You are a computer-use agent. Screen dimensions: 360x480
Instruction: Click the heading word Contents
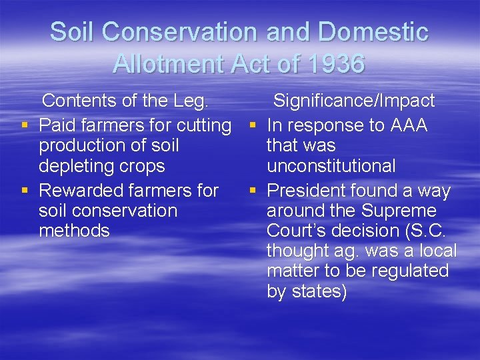tap(76, 101)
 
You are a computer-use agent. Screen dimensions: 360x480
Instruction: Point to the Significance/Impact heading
tap(354, 101)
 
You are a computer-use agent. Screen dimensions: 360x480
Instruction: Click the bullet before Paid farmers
tap(25, 126)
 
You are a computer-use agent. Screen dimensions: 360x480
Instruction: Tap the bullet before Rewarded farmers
tap(25, 191)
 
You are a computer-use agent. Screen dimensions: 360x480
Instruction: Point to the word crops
tap(141, 165)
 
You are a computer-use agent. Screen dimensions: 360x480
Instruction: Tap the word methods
tap(74, 231)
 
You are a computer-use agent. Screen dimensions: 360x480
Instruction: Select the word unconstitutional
tap(331, 165)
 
